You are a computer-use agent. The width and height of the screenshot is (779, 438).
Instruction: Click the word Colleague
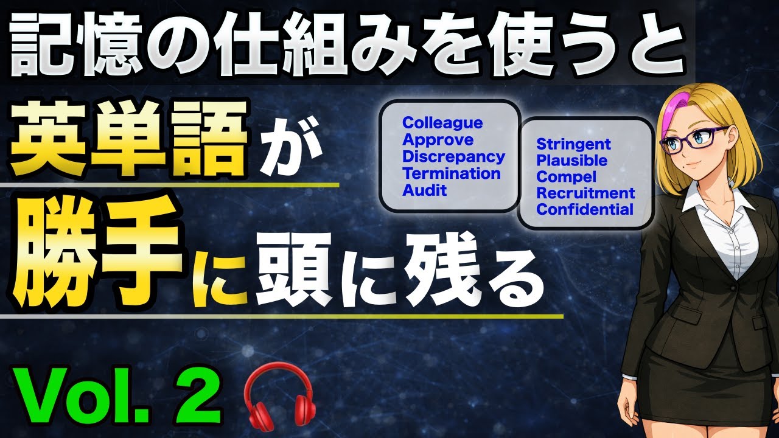point(442,123)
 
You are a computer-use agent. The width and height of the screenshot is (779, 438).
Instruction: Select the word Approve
point(438,140)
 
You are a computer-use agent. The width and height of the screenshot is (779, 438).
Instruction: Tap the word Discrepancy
point(453,157)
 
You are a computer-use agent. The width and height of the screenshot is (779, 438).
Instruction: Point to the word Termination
point(452,173)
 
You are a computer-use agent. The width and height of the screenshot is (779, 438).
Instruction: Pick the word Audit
point(425,190)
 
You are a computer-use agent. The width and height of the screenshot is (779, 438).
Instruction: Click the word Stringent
point(573,145)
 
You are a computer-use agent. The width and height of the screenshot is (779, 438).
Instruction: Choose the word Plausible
point(571,161)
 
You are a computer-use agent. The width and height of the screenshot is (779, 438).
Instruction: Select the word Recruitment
point(585,194)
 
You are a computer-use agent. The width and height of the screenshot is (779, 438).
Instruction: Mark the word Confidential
point(584,210)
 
